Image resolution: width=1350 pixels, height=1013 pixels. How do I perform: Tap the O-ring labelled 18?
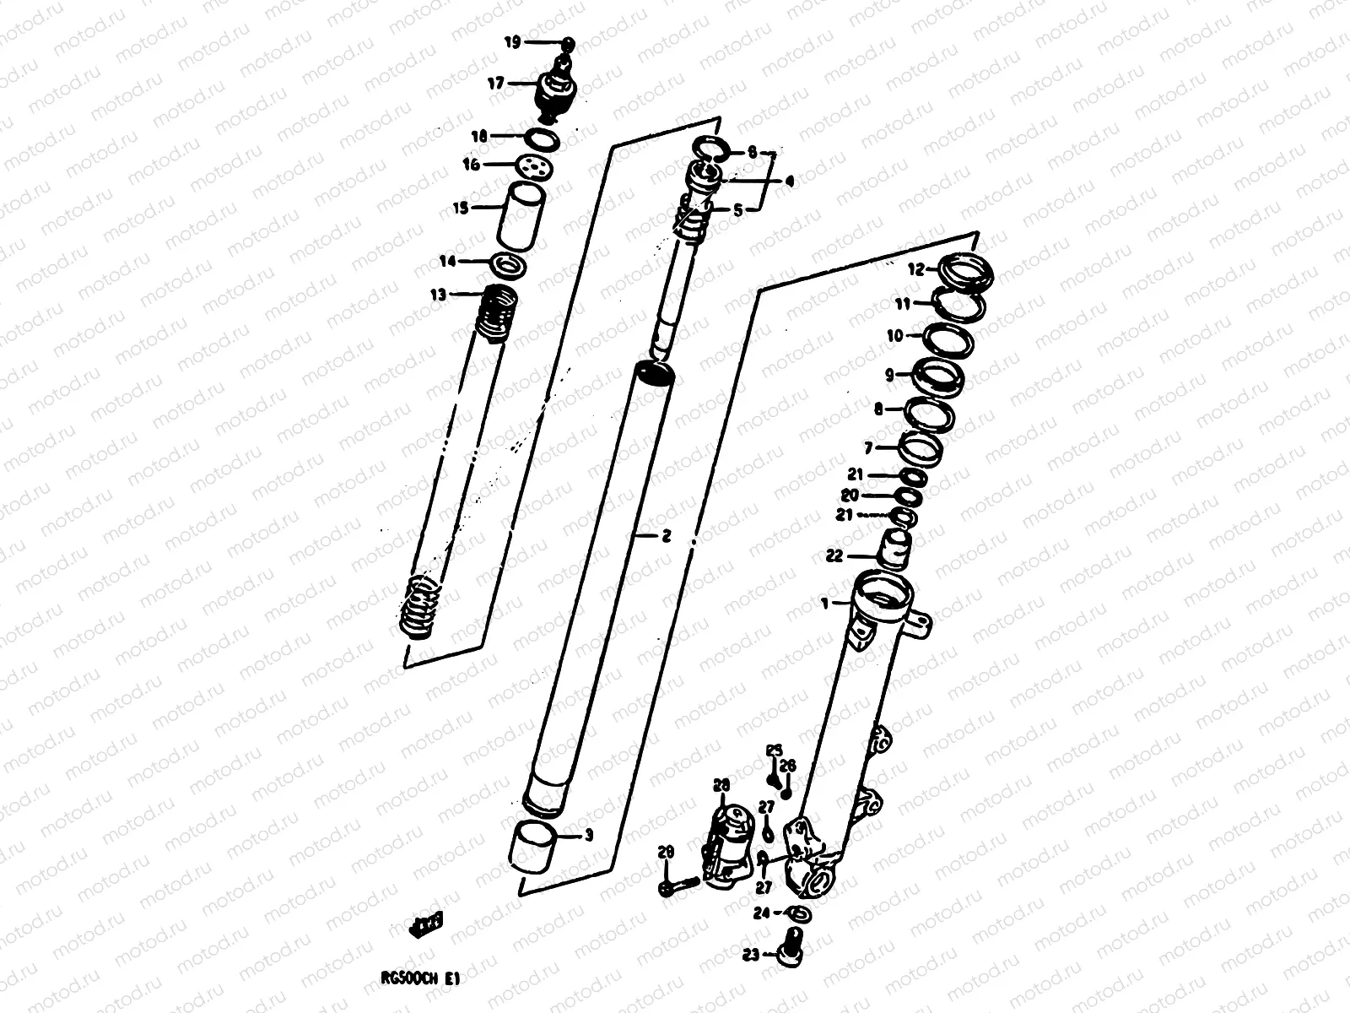(x=543, y=138)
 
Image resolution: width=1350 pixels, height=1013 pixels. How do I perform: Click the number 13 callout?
(x=438, y=295)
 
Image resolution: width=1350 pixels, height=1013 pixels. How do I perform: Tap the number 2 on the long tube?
(x=666, y=535)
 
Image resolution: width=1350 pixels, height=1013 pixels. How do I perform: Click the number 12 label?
(x=916, y=270)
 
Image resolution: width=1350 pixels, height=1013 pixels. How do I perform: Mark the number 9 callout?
(x=889, y=373)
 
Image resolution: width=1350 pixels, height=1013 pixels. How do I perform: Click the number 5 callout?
(x=738, y=211)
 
